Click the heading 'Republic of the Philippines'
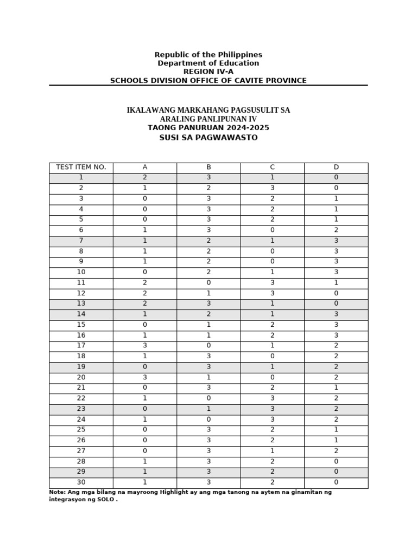208,55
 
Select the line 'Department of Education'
208,63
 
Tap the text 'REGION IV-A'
208,72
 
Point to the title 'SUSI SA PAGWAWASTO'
208,138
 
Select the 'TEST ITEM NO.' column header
81,167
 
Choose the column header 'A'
144,167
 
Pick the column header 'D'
336,167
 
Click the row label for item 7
81,241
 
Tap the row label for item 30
81,482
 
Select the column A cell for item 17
144,346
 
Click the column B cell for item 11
208,282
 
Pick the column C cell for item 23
272,409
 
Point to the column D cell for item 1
336,178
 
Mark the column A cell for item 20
144,377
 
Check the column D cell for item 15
336,325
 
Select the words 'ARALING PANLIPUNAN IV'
208,119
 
